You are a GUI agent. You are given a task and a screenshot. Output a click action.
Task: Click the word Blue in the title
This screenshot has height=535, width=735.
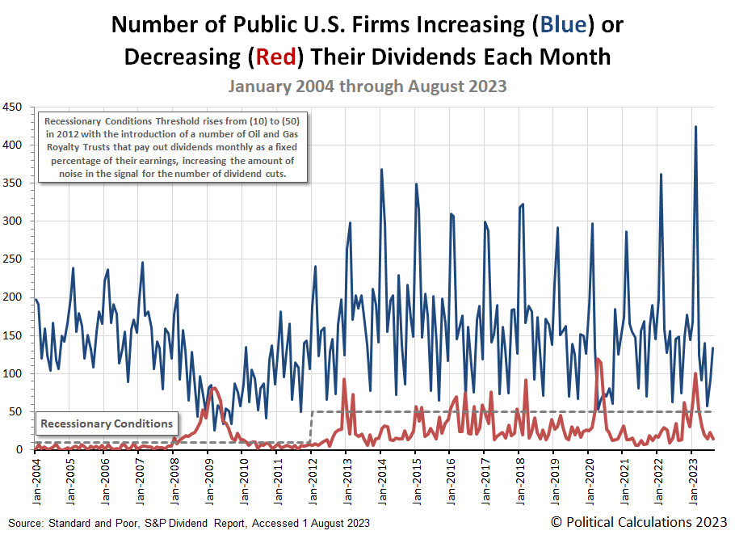click(x=564, y=25)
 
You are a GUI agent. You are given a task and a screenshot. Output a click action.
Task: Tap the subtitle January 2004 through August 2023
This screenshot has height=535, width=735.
click(x=367, y=85)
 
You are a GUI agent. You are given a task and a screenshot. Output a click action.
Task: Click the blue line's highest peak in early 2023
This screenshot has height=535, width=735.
click(x=695, y=127)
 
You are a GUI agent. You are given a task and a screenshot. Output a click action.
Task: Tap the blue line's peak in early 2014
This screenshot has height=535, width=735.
click(x=381, y=170)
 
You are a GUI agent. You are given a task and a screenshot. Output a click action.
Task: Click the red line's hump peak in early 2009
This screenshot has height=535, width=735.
click(x=212, y=387)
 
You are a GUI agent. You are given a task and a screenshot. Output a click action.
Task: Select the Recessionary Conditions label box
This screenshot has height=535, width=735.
click(x=107, y=423)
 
